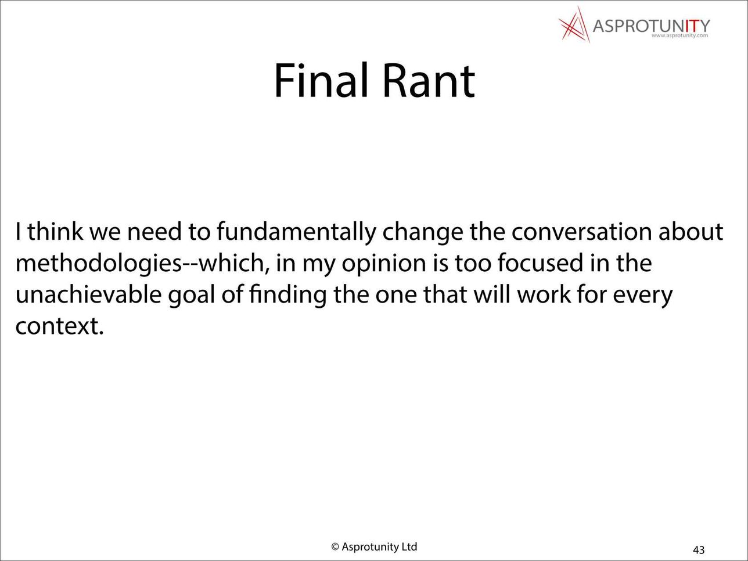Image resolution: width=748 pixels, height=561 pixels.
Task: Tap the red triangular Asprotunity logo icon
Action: (574, 24)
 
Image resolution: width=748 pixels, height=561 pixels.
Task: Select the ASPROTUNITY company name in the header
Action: (651, 26)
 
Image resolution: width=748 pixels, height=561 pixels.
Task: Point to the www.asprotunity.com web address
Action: (680, 35)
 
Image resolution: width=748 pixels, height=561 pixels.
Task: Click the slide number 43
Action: (699, 549)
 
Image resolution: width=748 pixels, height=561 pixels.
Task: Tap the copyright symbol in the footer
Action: (335, 546)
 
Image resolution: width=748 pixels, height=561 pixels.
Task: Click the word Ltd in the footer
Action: (409, 546)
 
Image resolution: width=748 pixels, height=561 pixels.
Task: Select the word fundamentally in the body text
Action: (296, 232)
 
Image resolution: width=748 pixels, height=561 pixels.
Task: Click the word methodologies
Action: (99, 264)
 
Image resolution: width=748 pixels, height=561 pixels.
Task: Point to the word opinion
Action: (384, 265)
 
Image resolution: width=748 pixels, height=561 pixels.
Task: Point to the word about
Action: (691, 232)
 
